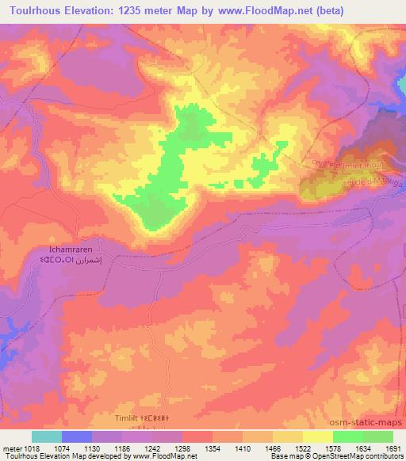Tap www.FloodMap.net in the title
(282, 10)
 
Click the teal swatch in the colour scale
(46, 436)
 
